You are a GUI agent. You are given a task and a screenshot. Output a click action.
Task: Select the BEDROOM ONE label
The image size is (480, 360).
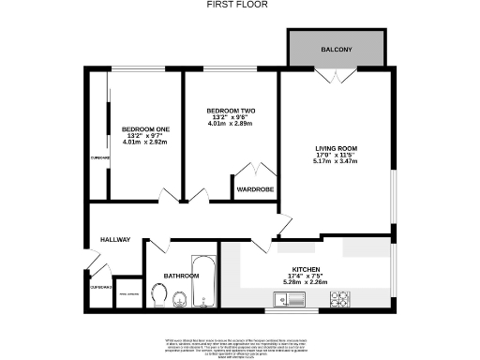pos(145,128)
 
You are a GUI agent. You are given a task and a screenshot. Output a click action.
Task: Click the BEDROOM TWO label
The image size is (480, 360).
pos(230,111)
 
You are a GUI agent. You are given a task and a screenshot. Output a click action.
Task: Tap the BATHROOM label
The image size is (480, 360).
pos(180,276)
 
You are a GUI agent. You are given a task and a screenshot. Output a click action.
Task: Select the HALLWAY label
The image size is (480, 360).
pos(115,240)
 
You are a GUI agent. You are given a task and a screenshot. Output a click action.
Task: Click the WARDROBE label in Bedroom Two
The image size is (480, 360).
pos(254,188)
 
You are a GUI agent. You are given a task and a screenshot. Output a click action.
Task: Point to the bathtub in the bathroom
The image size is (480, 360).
pos(203,280)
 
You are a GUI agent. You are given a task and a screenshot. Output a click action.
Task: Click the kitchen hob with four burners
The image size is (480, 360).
pos(339,300)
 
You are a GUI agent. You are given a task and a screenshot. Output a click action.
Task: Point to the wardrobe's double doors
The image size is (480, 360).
pos(254,172)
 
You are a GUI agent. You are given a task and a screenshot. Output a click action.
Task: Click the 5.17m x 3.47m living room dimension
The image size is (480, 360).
pos(337,161)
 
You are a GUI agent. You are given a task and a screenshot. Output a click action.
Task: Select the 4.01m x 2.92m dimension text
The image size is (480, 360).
pos(145,142)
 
